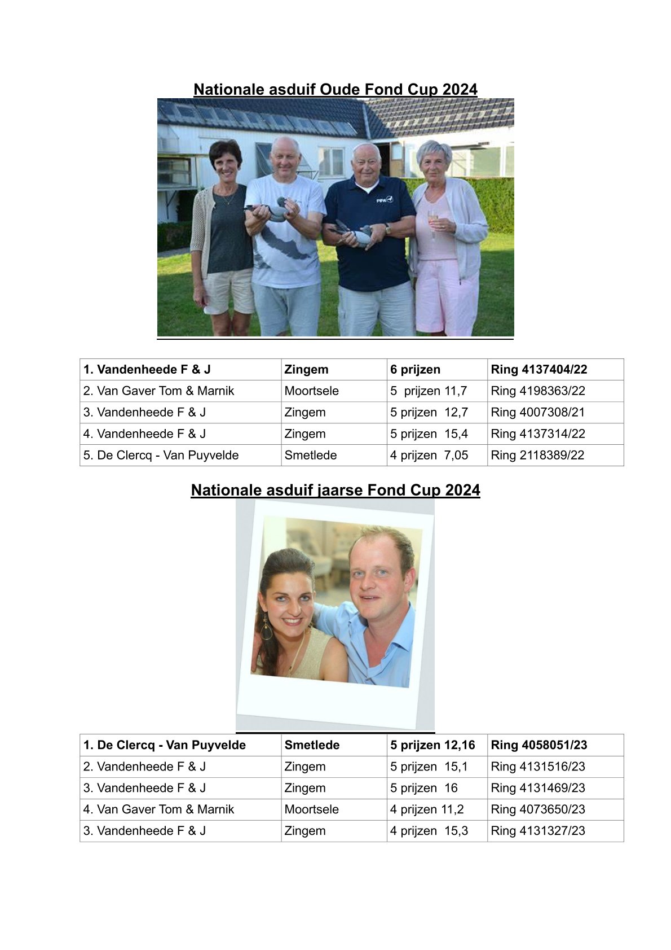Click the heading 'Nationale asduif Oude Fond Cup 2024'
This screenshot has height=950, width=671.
point(335,90)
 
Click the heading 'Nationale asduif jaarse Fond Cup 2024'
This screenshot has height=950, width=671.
point(335,490)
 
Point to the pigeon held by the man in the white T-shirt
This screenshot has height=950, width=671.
point(274,209)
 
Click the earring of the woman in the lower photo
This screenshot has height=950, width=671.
point(266,627)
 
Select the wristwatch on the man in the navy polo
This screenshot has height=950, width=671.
point(387,229)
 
